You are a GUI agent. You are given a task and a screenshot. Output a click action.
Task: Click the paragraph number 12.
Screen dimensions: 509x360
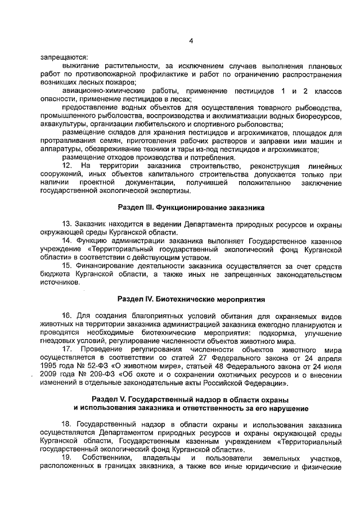point(67,166)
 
